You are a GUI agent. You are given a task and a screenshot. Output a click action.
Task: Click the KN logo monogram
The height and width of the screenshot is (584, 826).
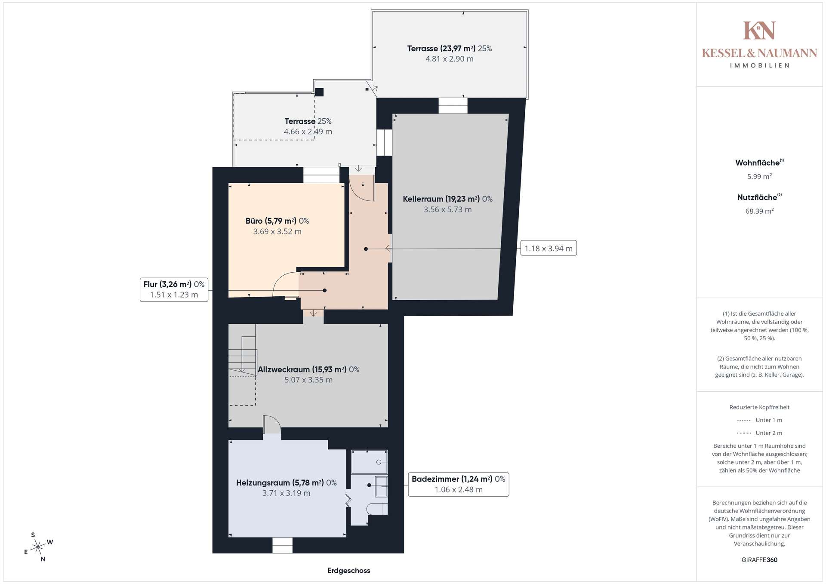coord(759,30)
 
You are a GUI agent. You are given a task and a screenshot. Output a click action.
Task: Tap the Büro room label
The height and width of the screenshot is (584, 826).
coord(277,226)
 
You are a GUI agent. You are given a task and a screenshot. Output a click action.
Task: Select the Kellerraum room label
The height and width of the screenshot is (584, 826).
coord(447,204)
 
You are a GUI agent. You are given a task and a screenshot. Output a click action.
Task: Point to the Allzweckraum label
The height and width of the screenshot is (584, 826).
coord(308,375)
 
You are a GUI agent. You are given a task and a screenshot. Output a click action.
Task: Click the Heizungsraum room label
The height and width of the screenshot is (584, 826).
coord(286,488)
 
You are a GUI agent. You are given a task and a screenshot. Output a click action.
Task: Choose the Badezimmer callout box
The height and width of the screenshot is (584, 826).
coord(459,484)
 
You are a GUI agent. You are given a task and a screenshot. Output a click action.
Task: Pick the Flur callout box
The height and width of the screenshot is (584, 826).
coord(174,289)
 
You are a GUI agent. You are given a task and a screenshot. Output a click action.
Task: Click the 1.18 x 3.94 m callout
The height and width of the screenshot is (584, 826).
coord(549,248)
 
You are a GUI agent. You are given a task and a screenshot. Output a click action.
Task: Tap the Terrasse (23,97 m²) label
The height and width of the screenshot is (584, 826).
coord(450,54)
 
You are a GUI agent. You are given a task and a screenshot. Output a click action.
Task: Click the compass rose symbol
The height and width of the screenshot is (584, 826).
coord(38,547)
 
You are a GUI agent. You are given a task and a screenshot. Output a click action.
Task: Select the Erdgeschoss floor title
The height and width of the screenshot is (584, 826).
coord(349,571)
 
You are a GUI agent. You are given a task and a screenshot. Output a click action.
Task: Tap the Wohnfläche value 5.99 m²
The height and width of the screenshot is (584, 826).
coord(759,176)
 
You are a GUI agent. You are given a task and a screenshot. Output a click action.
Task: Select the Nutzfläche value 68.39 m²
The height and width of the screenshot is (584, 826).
coord(759,211)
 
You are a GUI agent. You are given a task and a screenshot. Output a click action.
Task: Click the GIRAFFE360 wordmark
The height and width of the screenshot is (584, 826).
coord(759,560)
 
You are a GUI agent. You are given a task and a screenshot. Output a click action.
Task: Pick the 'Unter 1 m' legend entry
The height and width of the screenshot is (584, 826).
coord(759,420)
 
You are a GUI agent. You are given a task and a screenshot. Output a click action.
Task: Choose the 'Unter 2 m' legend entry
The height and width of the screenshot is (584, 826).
coord(759,433)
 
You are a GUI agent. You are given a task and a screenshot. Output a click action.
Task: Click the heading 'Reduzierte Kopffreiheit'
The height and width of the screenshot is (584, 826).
coord(759,407)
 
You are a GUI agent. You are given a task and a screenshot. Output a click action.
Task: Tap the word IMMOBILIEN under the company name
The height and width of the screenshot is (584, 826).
coord(759,65)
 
